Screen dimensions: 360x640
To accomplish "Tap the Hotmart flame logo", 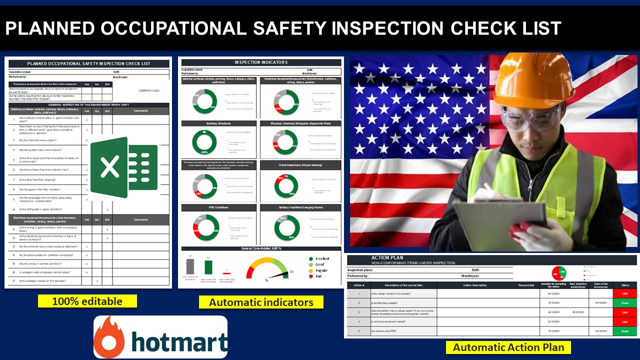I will (109, 337).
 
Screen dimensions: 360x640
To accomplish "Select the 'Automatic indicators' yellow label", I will (261, 302).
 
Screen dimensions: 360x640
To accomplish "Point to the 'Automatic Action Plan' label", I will (508, 347).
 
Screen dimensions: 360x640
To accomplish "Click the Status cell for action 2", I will (625, 303).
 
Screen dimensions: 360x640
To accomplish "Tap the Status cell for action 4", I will (625, 322).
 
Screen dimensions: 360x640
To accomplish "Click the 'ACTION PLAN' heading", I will (387, 258).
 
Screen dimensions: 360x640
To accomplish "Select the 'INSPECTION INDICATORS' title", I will (261, 62).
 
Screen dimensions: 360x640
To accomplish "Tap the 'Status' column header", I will (625, 285).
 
